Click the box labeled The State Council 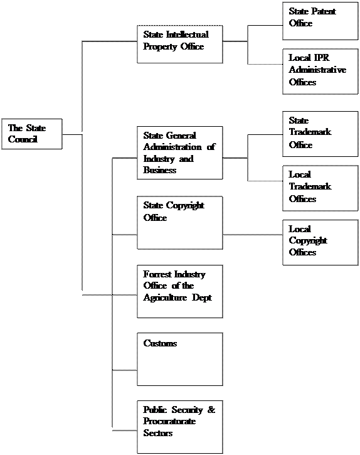(32, 134)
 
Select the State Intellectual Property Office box (180, 44)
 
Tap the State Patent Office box (320, 21)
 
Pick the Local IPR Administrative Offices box (320, 72)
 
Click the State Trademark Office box (320, 134)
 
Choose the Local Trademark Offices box (320, 188)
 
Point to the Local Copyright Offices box (320, 242)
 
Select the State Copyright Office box (180, 223)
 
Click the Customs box (180, 359)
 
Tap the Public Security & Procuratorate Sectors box (180, 427)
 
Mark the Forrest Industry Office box (180, 291)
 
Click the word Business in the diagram (160, 169)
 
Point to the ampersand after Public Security (211, 409)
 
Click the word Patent (324, 11)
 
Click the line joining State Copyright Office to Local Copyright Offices (253, 235)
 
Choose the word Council (23, 139)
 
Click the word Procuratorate (169, 421)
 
